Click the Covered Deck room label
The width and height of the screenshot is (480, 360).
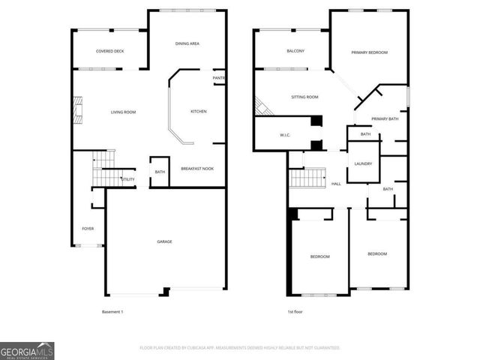(x=109, y=51)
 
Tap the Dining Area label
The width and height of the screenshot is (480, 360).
(x=187, y=44)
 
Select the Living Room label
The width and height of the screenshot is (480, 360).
(x=123, y=112)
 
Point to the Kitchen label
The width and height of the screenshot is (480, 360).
(x=198, y=112)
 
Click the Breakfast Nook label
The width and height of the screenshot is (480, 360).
(x=197, y=169)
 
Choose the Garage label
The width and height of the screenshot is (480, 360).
(x=164, y=241)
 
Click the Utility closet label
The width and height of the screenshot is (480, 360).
(x=128, y=180)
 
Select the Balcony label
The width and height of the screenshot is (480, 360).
(x=295, y=51)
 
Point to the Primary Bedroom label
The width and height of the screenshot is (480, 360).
(x=370, y=52)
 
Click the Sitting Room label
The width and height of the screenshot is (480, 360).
(x=304, y=97)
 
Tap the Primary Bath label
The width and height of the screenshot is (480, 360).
(x=384, y=119)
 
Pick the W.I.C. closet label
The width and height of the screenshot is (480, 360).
(x=285, y=136)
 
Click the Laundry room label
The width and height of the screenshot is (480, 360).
(x=364, y=163)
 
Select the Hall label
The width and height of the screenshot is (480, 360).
(x=336, y=184)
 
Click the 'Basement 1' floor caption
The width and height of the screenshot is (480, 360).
(x=112, y=311)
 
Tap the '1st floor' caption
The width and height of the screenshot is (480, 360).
(x=295, y=311)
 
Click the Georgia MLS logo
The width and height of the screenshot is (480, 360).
(x=27, y=350)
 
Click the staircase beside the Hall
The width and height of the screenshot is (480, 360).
(x=305, y=178)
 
